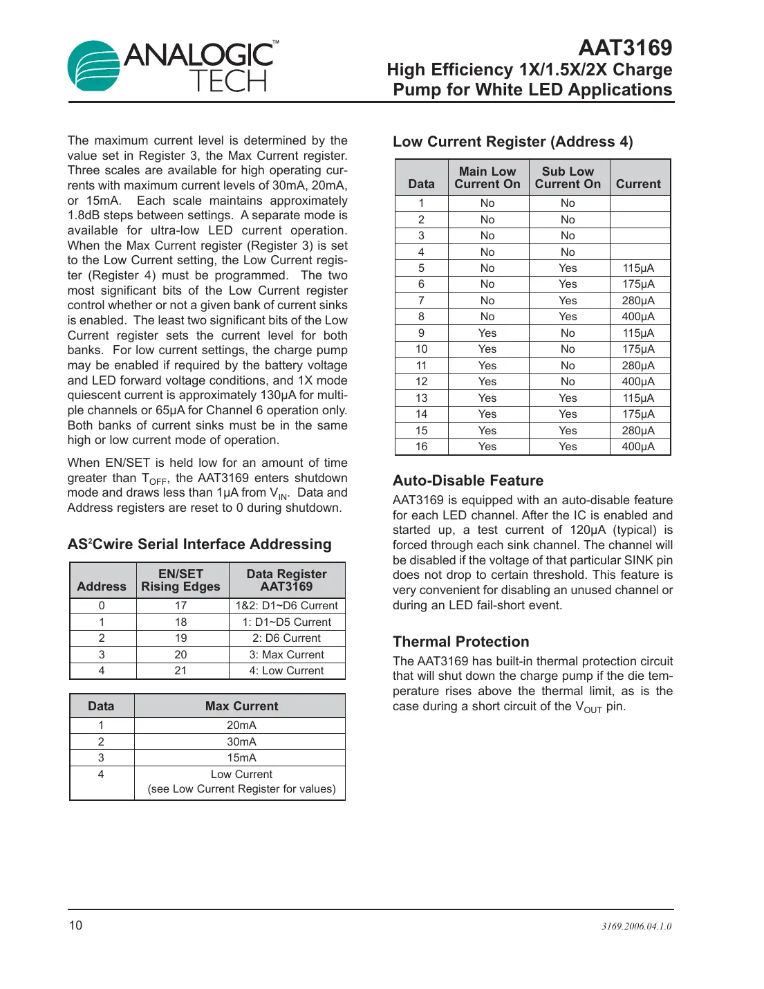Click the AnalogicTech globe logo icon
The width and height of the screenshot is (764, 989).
(93, 66)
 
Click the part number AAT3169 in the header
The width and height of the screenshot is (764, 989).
(624, 48)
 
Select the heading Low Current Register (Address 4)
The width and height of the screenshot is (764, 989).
(512, 142)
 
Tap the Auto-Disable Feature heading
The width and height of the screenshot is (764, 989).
(467, 481)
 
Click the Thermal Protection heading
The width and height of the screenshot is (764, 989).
(460, 642)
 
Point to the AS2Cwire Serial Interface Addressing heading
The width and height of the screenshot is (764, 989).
(199, 544)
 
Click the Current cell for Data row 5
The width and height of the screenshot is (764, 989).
(637, 268)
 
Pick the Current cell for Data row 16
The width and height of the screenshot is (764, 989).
(637, 447)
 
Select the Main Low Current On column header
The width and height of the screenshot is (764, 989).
(487, 178)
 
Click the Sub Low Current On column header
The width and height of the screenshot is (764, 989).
(568, 178)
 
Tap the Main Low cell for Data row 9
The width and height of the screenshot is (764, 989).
(487, 333)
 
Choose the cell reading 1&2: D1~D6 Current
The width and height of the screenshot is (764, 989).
(286, 606)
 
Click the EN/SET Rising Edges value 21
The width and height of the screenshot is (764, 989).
(180, 671)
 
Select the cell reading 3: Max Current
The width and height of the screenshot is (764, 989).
(286, 654)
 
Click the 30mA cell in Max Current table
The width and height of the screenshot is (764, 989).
(241, 741)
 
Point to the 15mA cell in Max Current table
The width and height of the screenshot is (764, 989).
(241, 758)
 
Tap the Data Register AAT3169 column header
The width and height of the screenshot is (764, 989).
(286, 580)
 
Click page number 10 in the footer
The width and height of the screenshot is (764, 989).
(75, 925)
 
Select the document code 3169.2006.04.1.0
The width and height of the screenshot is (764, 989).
(636, 926)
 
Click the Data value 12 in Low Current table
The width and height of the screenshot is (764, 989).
(421, 382)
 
